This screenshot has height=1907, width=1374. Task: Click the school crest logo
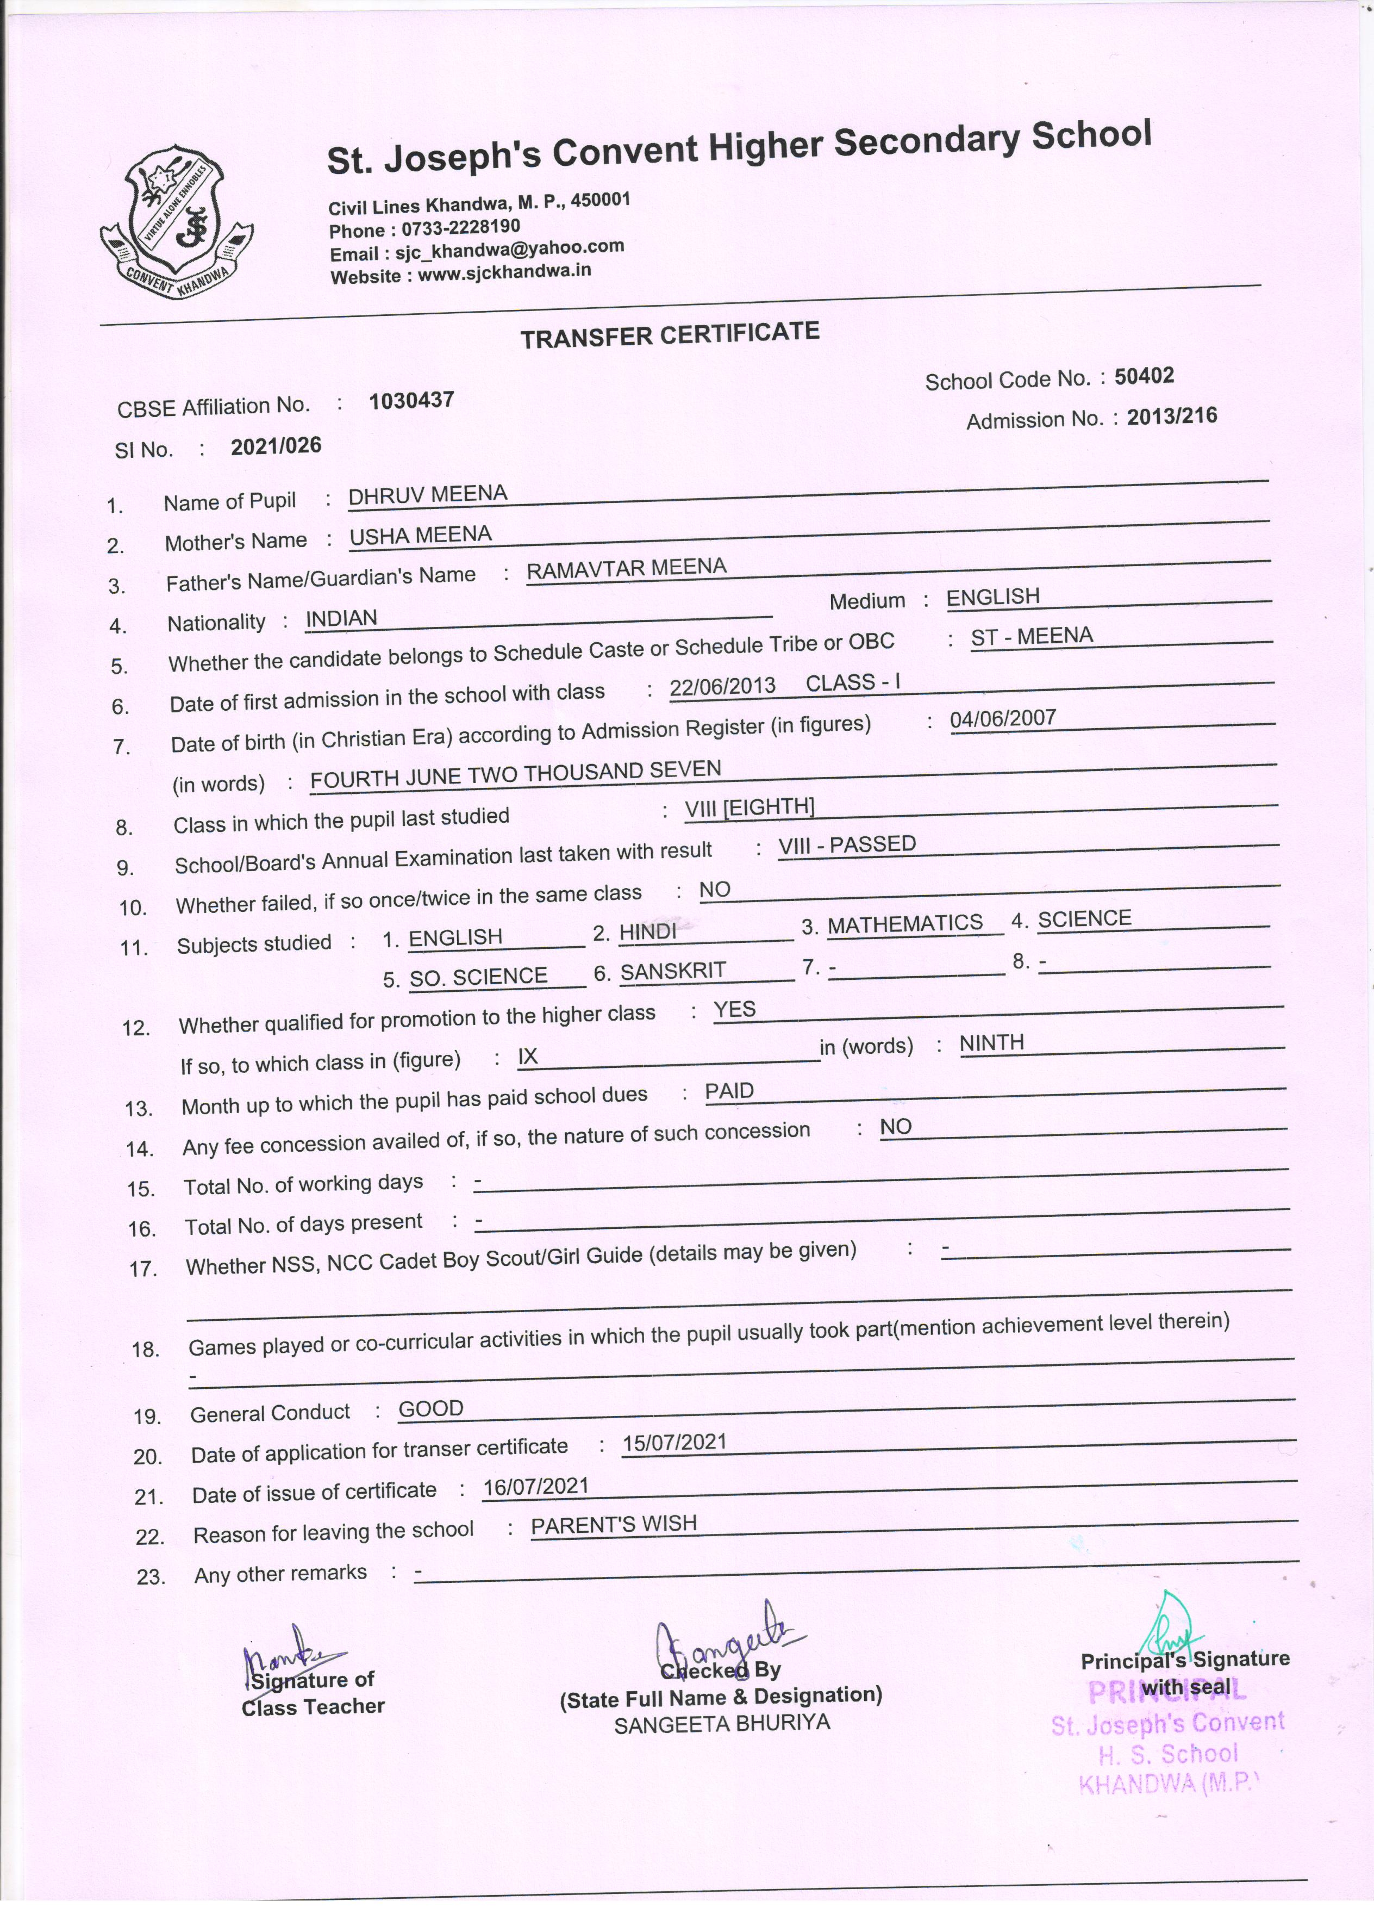coord(177,222)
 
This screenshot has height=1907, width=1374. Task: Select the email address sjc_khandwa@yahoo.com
coord(509,249)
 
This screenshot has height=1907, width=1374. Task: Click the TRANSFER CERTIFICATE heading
coord(669,334)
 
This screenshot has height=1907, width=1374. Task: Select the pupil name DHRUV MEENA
coord(428,494)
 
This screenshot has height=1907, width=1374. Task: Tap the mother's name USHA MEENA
coord(420,535)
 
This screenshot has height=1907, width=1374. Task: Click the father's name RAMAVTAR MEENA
coord(626,568)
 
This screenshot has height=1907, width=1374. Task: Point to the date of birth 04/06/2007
coord(1003,718)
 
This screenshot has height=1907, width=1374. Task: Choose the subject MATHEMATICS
coord(905,923)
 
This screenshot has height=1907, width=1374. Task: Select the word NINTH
coord(991,1042)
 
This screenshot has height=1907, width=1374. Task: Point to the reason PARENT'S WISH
coord(614,1524)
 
